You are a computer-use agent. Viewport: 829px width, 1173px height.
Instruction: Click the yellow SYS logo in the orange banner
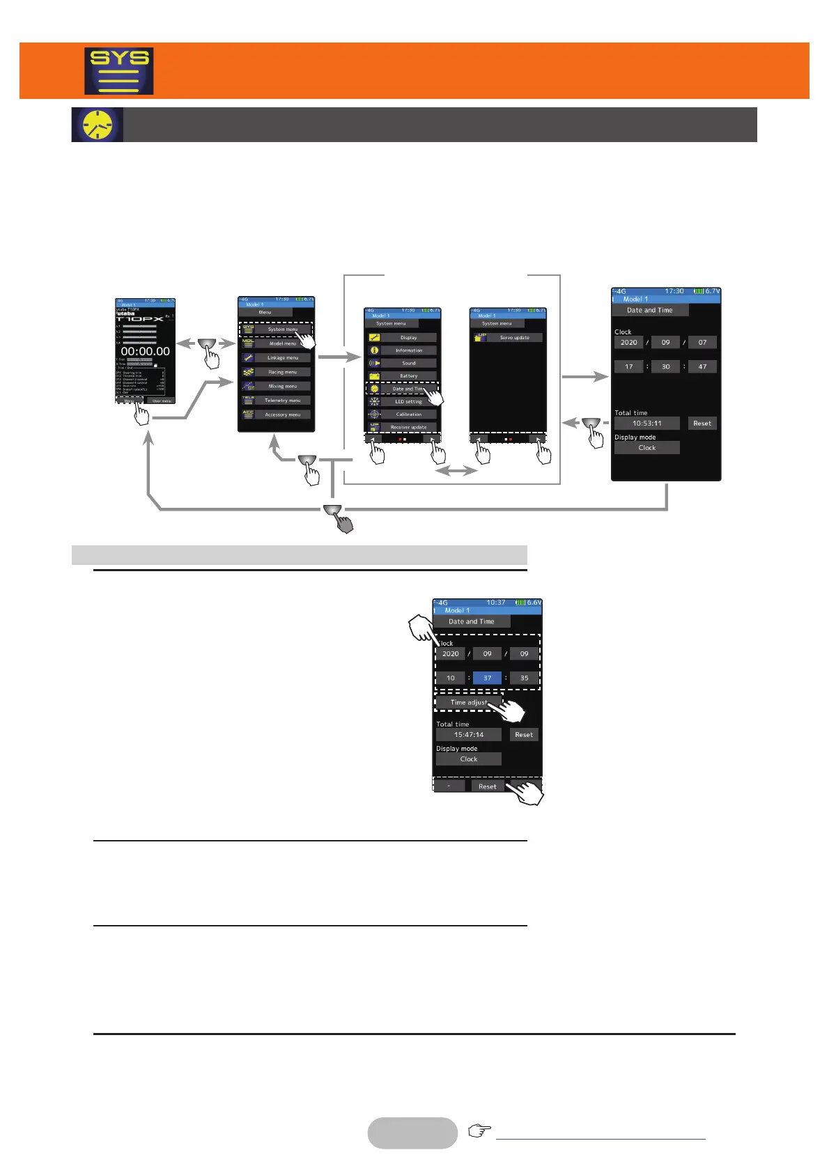point(118,71)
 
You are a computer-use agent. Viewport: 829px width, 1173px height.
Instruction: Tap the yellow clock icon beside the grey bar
point(98,125)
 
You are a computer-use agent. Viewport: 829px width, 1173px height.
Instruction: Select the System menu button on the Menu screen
point(282,329)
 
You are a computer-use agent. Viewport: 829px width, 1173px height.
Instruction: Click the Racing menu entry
point(282,372)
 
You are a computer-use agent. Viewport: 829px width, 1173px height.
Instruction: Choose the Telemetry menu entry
point(282,401)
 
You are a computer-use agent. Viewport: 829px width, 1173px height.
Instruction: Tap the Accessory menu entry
point(282,414)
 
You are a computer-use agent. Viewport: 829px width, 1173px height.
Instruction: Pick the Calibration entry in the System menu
point(408,414)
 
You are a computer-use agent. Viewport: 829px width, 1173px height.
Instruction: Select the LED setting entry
point(408,402)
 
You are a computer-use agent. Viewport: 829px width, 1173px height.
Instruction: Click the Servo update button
point(514,338)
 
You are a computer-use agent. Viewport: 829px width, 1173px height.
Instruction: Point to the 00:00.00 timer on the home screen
point(145,352)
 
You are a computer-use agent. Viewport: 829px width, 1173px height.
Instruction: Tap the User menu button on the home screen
point(162,401)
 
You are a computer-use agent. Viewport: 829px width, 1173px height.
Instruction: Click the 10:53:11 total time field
point(646,424)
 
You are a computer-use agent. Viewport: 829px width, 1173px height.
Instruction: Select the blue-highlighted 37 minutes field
point(487,678)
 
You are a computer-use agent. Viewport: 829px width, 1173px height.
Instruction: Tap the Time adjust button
point(468,702)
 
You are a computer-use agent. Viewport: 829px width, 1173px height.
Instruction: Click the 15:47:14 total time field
point(468,735)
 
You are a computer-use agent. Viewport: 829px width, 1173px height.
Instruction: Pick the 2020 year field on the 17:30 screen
point(628,343)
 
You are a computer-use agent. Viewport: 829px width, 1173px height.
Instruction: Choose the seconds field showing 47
point(702,366)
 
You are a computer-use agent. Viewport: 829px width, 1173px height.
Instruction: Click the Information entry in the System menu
point(408,350)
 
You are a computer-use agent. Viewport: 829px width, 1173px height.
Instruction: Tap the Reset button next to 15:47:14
point(524,735)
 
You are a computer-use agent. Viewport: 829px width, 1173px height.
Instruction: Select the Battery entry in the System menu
point(408,376)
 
